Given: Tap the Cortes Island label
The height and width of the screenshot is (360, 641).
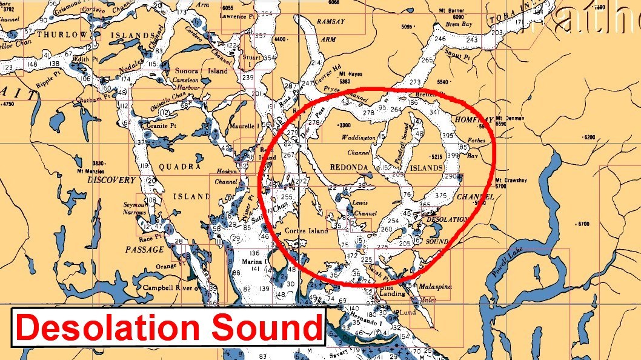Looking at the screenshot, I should click(307, 230).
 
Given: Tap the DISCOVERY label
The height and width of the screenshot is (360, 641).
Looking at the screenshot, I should click(111, 180).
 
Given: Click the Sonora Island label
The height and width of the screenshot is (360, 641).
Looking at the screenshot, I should click(193, 71).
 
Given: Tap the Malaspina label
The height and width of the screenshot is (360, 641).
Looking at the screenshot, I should click(436, 287).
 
